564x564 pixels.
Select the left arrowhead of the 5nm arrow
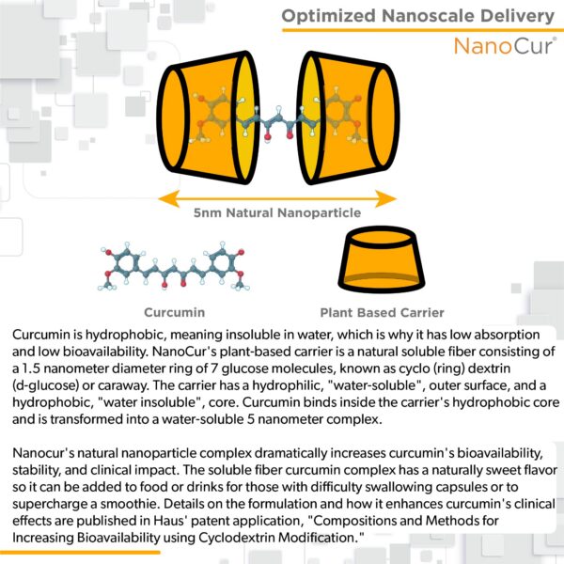coord(169,199)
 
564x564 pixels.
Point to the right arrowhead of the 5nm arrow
coord(385,199)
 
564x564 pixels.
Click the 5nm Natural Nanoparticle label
coord(277,213)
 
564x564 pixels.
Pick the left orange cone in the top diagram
coord(208,117)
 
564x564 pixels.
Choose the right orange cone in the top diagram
coord(350,117)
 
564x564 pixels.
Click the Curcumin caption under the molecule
coord(175,312)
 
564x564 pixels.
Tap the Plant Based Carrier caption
coord(382,313)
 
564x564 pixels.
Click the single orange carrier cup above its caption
coord(382,259)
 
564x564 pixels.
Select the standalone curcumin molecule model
coord(174,266)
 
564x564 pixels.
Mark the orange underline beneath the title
coord(423,30)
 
